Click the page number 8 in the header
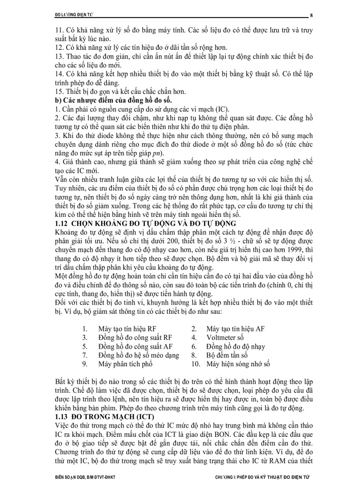coord(311,15)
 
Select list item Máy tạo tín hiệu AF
coord(236,329)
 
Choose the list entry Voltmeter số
coord(225,338)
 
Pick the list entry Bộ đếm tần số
coord(227,355)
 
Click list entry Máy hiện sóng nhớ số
coord(238,364)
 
